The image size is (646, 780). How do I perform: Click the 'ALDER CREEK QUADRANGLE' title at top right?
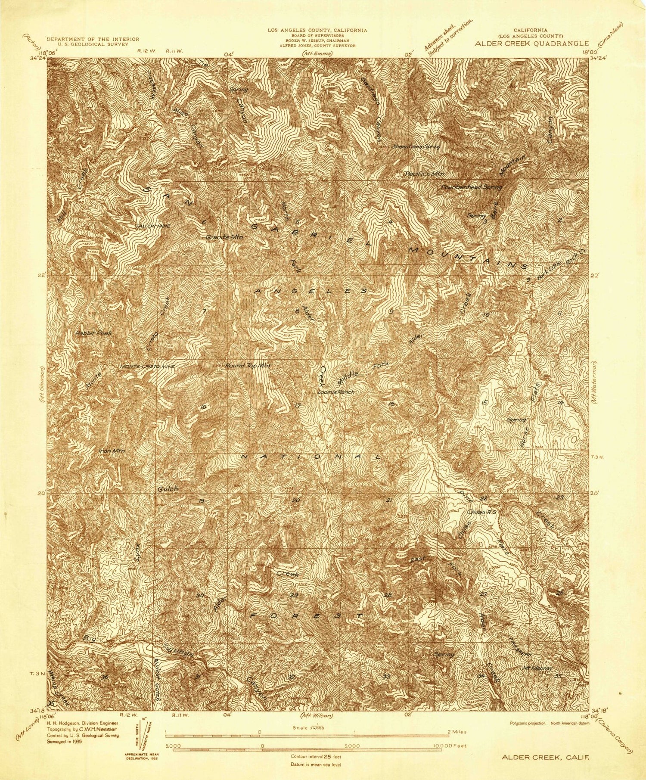[x=531, y=43]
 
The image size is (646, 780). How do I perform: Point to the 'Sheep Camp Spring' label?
[x=415, y=147]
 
